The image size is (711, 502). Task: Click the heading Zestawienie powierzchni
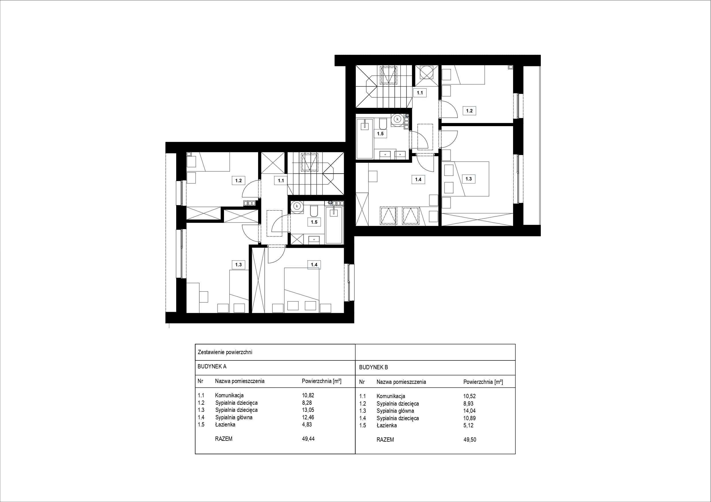click(x=225, y=352)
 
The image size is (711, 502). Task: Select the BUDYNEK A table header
click(x=212, y=366)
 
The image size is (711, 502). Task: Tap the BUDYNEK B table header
click(x=374, y=368)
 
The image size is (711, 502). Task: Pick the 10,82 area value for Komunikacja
click(x=308, y=395)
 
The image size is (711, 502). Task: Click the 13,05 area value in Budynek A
click(x=308, y=410)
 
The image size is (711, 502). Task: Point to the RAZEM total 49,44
click(x=308, y=438)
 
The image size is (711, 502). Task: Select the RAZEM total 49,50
click(x=470, y=440)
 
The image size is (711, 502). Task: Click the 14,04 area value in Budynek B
click(x=470, y=411)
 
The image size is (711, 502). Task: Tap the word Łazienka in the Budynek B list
click(x=386, y=425)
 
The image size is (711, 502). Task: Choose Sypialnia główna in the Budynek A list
click(x=234, y=418)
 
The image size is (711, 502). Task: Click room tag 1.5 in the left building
click(x=314, y=222)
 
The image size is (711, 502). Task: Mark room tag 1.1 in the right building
click(x=420, y=92)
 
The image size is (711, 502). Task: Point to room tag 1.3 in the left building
click(x=238, y=265)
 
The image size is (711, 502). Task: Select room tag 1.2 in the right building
click(x=469, y=111)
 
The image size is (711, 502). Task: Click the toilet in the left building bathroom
click(x=314, y=211)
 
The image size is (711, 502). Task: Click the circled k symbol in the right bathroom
click(x=397, y=119)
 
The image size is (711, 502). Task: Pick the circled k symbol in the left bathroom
click(x=297, y=206)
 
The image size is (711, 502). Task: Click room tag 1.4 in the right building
click(x=418, y=179)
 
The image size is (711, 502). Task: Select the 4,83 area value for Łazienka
click(x=307, y=424)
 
